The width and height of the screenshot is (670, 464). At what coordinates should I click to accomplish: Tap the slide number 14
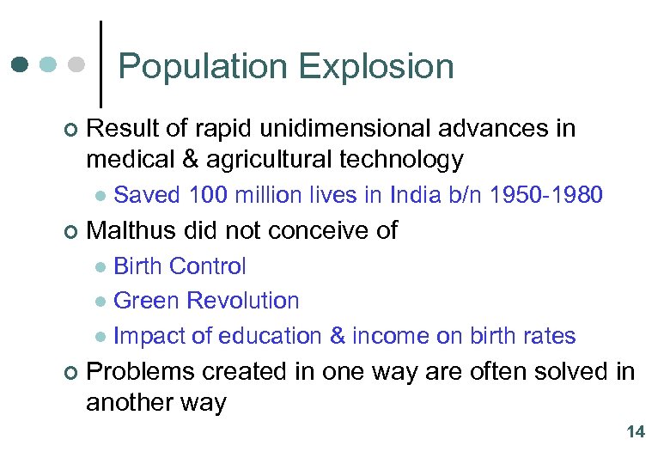pyautogui.click(x=636, y=432)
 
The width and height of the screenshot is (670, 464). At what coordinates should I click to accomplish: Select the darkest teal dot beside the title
pyautogui.click(x=21, y=65)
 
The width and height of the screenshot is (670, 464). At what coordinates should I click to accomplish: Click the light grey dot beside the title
pyautogui.click(x=76, y=65)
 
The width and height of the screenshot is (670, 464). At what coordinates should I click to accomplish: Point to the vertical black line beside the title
pyautogui.click(x=103, y=64)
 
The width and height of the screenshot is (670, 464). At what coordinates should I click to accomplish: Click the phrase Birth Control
pyautogui.click(x=180, y=266)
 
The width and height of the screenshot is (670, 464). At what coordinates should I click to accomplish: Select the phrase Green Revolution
pyautogui.click(x=206, y=301)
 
